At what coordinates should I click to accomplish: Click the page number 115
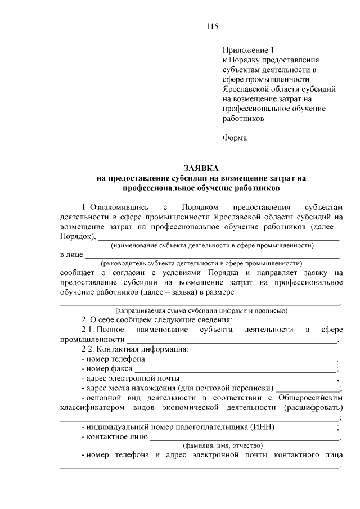coord(211,26)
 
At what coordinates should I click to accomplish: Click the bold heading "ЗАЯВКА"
coord(201,168)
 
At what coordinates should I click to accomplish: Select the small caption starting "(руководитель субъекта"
coord(201,263)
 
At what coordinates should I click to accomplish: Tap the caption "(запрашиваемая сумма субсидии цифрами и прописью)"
coord(201,310)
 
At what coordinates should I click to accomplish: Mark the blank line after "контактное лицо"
coord(244,437)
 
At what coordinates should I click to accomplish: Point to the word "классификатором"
coord(92,408)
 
